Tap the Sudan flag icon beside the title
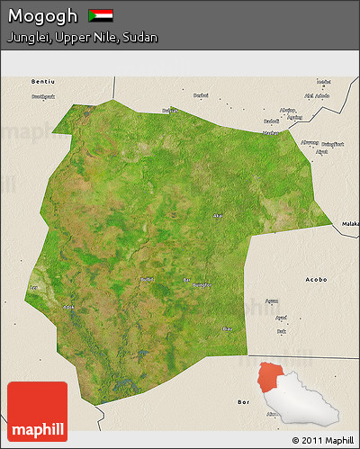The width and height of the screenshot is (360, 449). [x=101, y=16]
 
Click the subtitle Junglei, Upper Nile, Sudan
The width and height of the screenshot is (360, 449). [x=82, y=38]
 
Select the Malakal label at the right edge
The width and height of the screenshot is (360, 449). [x=350, y=222]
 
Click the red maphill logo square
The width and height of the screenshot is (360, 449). [x=37, y=411]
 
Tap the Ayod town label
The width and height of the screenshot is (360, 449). [x=281, y=318]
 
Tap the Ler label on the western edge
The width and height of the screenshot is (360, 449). [x=33, y=287]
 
